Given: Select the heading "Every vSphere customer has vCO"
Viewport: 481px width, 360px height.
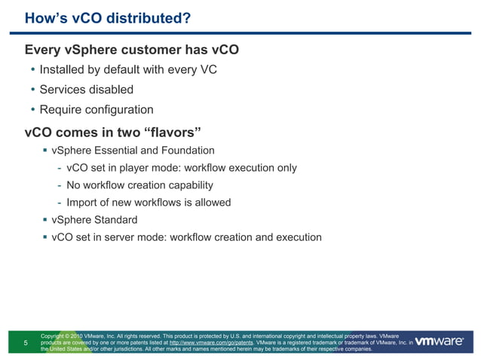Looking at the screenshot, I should (132, 50).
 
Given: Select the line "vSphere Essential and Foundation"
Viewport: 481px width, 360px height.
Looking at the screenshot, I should (133, 151).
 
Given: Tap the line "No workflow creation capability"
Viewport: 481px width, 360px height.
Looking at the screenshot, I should (139, 185).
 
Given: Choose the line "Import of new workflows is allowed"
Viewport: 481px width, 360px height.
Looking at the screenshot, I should (149, 203).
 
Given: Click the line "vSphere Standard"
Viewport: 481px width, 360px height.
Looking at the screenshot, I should (94, 220).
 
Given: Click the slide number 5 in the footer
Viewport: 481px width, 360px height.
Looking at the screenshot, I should (26, 343).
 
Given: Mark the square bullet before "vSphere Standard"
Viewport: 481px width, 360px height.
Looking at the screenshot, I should (44, 220).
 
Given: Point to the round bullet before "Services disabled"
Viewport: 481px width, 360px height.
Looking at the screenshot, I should (32, 90).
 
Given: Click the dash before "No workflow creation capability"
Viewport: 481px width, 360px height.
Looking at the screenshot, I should (59, 185).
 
